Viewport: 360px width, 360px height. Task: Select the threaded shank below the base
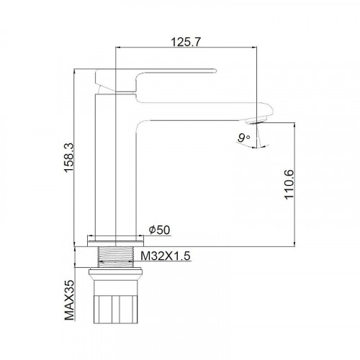tap(115, 255)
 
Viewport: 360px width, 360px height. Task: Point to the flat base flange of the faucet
tap(115, 238)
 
